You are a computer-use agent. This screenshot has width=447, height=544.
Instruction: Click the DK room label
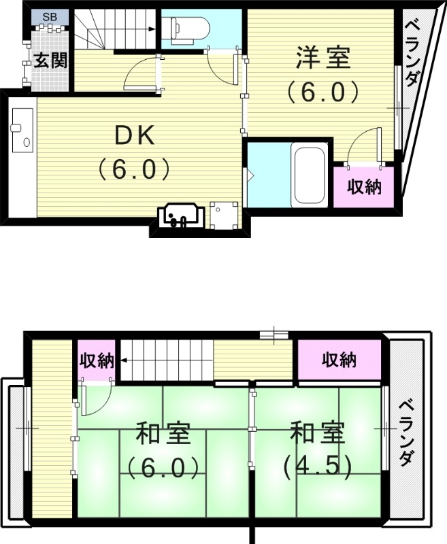point(134,136)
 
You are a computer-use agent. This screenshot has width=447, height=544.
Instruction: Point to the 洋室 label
point(322,58)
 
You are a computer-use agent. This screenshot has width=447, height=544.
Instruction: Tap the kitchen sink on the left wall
point(22,129)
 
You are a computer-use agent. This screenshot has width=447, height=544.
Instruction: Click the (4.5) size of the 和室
point(317,466)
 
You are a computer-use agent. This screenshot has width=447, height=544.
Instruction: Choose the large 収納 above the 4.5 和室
point(339,360)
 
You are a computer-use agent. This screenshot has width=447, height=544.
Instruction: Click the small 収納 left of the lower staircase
point(95,360)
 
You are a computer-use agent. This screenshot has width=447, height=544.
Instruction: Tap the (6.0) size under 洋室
point(322,92)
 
